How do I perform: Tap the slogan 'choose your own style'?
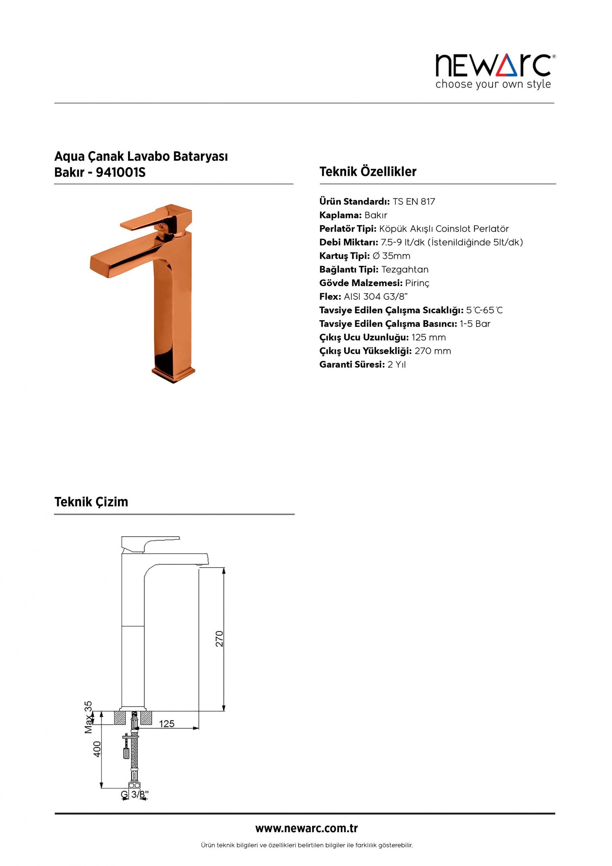(x=493, y=84)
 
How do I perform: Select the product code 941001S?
(x=121, y=173)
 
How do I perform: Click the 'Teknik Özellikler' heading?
(x=368, y=172)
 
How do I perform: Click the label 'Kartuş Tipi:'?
(x=344, y=256)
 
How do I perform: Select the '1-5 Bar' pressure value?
(x=475, y=324)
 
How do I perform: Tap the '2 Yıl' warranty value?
(x=396, y=365)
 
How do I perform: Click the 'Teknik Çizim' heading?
(x=91, y=502)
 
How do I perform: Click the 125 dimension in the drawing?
(x=167, y=724)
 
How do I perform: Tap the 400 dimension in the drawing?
(x=97, y=749)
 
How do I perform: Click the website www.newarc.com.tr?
(x=306, y=829)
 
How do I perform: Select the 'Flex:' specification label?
(x=330, y=297)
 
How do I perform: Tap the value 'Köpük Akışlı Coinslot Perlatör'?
(x=444, y=229)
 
